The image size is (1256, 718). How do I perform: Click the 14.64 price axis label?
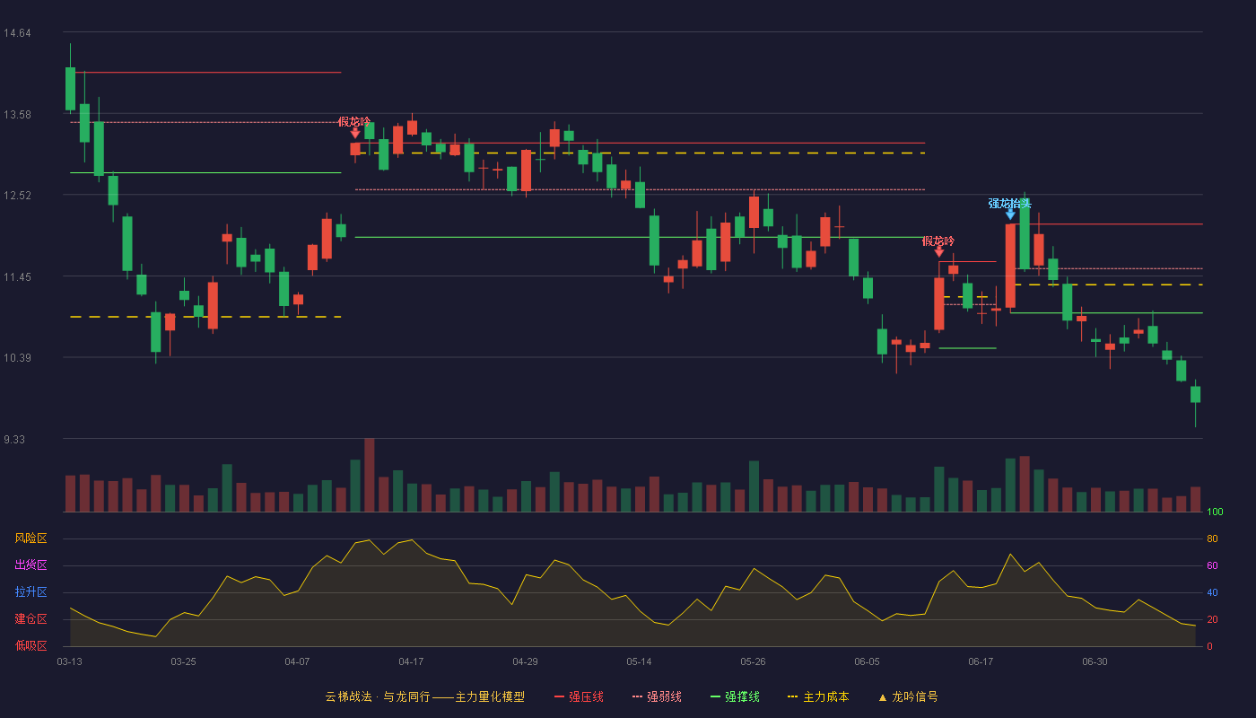pos(17,33)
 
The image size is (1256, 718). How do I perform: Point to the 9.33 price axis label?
pos(14,439)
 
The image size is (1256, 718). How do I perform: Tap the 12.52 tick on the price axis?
pos(17,196)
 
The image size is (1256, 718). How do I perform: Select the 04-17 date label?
pos(411,662)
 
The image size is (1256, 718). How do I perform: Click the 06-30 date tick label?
pos(1095,662)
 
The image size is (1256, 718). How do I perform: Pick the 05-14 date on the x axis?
pos(639,662)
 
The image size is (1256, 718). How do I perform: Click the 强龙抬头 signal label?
pos(1010,203)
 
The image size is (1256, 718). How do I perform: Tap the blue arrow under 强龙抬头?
pos(1010,215)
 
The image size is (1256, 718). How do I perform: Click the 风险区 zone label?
pos(31,538)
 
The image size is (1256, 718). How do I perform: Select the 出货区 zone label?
pos(31,565)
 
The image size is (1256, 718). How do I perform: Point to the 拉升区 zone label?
pos(31,591)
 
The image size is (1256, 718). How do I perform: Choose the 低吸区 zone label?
pos(31,645)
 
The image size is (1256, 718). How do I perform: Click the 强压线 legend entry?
pos(580,696)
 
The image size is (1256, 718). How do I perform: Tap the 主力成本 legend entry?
pos(818,696)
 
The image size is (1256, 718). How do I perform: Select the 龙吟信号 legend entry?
pos(908,696)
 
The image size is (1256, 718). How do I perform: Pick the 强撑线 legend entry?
pos(735,696)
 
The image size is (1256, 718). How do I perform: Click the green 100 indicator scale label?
pos(1215,512)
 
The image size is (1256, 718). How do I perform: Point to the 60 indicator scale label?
pos(1212,565)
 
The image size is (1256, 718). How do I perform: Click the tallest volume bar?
pos(370,475)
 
